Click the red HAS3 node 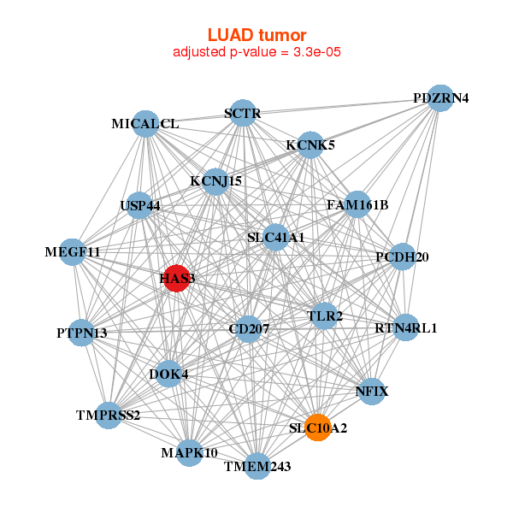175,278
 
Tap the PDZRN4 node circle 439,97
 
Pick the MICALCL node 146,124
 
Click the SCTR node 243,113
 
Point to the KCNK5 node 310,144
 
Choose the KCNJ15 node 215,181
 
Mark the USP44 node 139,205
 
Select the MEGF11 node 74,252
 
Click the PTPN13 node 81,333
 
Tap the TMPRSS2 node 109,416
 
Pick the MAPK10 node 190,452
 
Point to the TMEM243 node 257,466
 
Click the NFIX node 371,392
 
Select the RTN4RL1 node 406,327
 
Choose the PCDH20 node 402,256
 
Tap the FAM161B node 357,204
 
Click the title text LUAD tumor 256,35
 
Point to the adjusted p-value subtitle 256,52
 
